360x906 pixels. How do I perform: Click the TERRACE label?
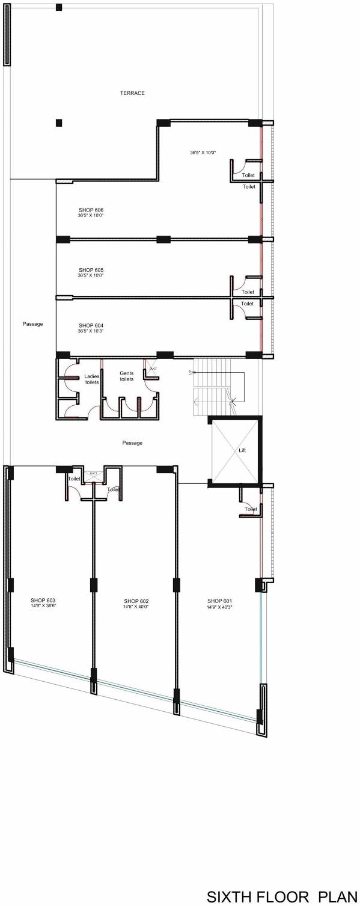[x=132, y=93]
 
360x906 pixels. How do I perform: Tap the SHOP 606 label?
[x=91, y=209]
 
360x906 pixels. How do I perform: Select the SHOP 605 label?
[x=91, y=269]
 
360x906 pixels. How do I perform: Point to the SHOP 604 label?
[x=91, y=325]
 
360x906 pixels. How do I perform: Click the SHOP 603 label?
[x=43, y=600]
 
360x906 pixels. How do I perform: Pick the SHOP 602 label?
[x=136, y=601]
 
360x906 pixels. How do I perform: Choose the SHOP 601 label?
[x=219, y=601]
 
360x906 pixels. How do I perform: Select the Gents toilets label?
[x=126, y=376]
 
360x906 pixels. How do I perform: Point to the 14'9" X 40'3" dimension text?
[x=219, y=607]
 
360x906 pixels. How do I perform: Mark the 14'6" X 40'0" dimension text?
[x=136, y=607]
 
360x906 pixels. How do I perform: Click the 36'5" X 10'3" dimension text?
[x=91, y=331]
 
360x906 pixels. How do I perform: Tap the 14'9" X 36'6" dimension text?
[x=43, y=606]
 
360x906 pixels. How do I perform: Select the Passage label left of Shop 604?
[x=32, y=324]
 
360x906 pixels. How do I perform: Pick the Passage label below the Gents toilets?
[x=132, y=443]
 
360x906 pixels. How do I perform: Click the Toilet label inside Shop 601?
[x=251, y=509]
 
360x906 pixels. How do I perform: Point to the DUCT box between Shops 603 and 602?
[x=93, y=476]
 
